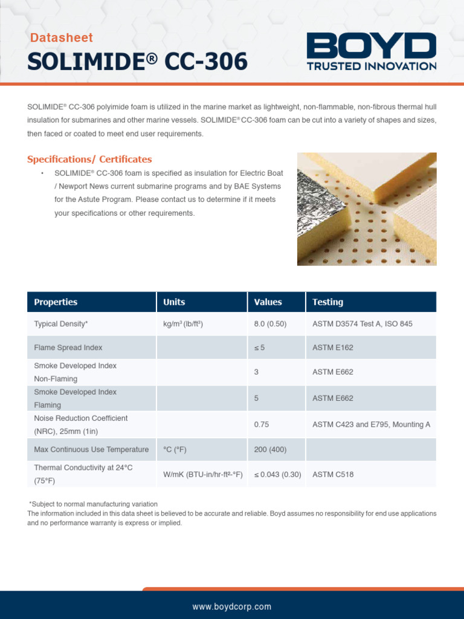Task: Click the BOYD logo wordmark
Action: click(371, 46)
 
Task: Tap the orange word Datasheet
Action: click(62, 38)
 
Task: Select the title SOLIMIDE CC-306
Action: click(137, 62)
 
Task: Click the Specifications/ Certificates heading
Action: click(89, 160)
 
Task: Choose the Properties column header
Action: click(56, 302)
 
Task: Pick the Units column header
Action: click(174, 302)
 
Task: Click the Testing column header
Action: click(327, 302)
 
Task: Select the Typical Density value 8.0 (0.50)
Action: click(270, 324)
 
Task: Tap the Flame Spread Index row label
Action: click(68, 348)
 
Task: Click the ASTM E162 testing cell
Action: click(333, 348)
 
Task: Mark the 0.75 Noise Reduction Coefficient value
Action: click(262, 425)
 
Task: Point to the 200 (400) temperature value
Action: click(270, 450)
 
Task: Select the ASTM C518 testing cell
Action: click(333, 475)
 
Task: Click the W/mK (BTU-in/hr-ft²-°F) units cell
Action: click(203, 475)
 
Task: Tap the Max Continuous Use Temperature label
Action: click(91, 450)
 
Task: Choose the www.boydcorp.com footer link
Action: click(232, 606)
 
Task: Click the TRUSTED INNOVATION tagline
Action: click(371, 66)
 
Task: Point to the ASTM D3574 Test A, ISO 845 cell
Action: click(362, 324)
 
